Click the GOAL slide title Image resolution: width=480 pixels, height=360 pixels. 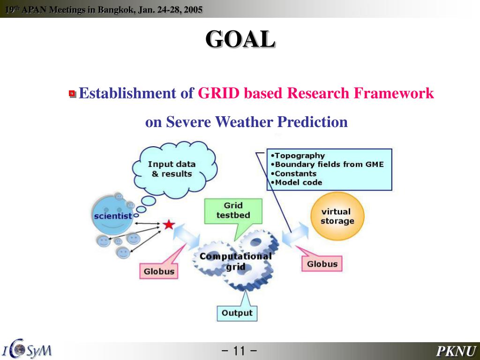[240, 39]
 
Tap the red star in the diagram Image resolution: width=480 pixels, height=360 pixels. [168, 225]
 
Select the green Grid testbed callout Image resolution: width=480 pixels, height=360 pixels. [233, 211]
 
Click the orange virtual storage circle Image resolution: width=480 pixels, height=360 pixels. [337, 216]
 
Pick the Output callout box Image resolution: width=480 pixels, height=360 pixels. [237, 313]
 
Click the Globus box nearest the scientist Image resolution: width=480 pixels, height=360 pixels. [159, 271]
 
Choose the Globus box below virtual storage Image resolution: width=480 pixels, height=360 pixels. [322, 264]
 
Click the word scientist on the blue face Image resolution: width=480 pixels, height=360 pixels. [113, 216]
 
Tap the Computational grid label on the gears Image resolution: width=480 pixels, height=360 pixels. [235, 261]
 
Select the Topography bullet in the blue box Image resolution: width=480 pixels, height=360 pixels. [298, 156]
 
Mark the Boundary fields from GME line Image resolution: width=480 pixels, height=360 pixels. [327, 165]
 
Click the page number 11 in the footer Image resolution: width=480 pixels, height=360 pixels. [240, 351]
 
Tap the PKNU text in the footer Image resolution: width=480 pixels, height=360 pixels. [456, 351]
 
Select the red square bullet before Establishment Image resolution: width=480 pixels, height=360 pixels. [72, 93]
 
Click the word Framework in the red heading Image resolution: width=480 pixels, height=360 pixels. [394, 93]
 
